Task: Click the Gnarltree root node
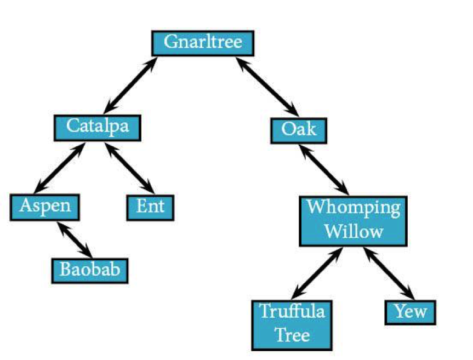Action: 203,43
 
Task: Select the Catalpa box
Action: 98,128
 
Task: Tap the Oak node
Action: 299,130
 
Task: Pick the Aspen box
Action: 45,208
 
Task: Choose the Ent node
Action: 150,208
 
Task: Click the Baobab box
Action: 90,271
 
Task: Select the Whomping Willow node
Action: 353,221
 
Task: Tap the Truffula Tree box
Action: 292,325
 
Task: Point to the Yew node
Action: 411,312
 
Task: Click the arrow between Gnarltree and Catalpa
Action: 130,85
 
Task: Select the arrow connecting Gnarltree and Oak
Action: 267,87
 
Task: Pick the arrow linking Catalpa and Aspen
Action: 60,168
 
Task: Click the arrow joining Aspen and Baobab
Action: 74,239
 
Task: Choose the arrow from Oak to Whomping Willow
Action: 324,170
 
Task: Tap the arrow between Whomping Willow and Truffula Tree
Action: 318,273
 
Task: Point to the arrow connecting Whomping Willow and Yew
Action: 389,273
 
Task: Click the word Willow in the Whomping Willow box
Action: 354,232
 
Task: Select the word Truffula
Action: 292,311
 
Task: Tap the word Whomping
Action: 354,209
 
